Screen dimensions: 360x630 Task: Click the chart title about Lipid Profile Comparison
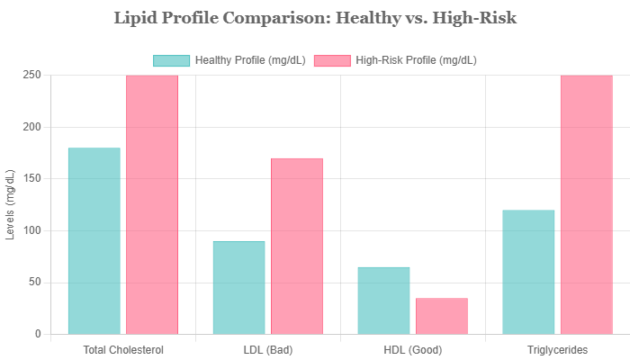tap(315, 18)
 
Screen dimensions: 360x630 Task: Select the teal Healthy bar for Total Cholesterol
tap(94, 240)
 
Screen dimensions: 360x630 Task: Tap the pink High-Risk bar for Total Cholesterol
tap(152, 204)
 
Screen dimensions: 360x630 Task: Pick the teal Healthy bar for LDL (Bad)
tap(238, 287)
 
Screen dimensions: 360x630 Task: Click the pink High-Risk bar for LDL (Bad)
tap(297, 246)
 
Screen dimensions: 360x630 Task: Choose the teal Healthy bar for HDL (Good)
tap(383, 300)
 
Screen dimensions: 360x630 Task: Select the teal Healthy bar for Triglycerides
tap(528, 272)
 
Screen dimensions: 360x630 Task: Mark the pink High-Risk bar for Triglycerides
tap(587, 204)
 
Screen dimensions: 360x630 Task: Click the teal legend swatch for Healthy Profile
tap(172, 61)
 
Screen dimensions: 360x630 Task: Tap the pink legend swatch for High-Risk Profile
tap(331, 61)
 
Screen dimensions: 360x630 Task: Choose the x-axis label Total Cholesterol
tap(123, 349)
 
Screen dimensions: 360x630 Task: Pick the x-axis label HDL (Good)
tap(413, 349)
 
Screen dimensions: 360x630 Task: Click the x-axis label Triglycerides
tap(558, 349)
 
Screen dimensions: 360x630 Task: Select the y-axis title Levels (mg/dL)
tap(11, 204)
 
